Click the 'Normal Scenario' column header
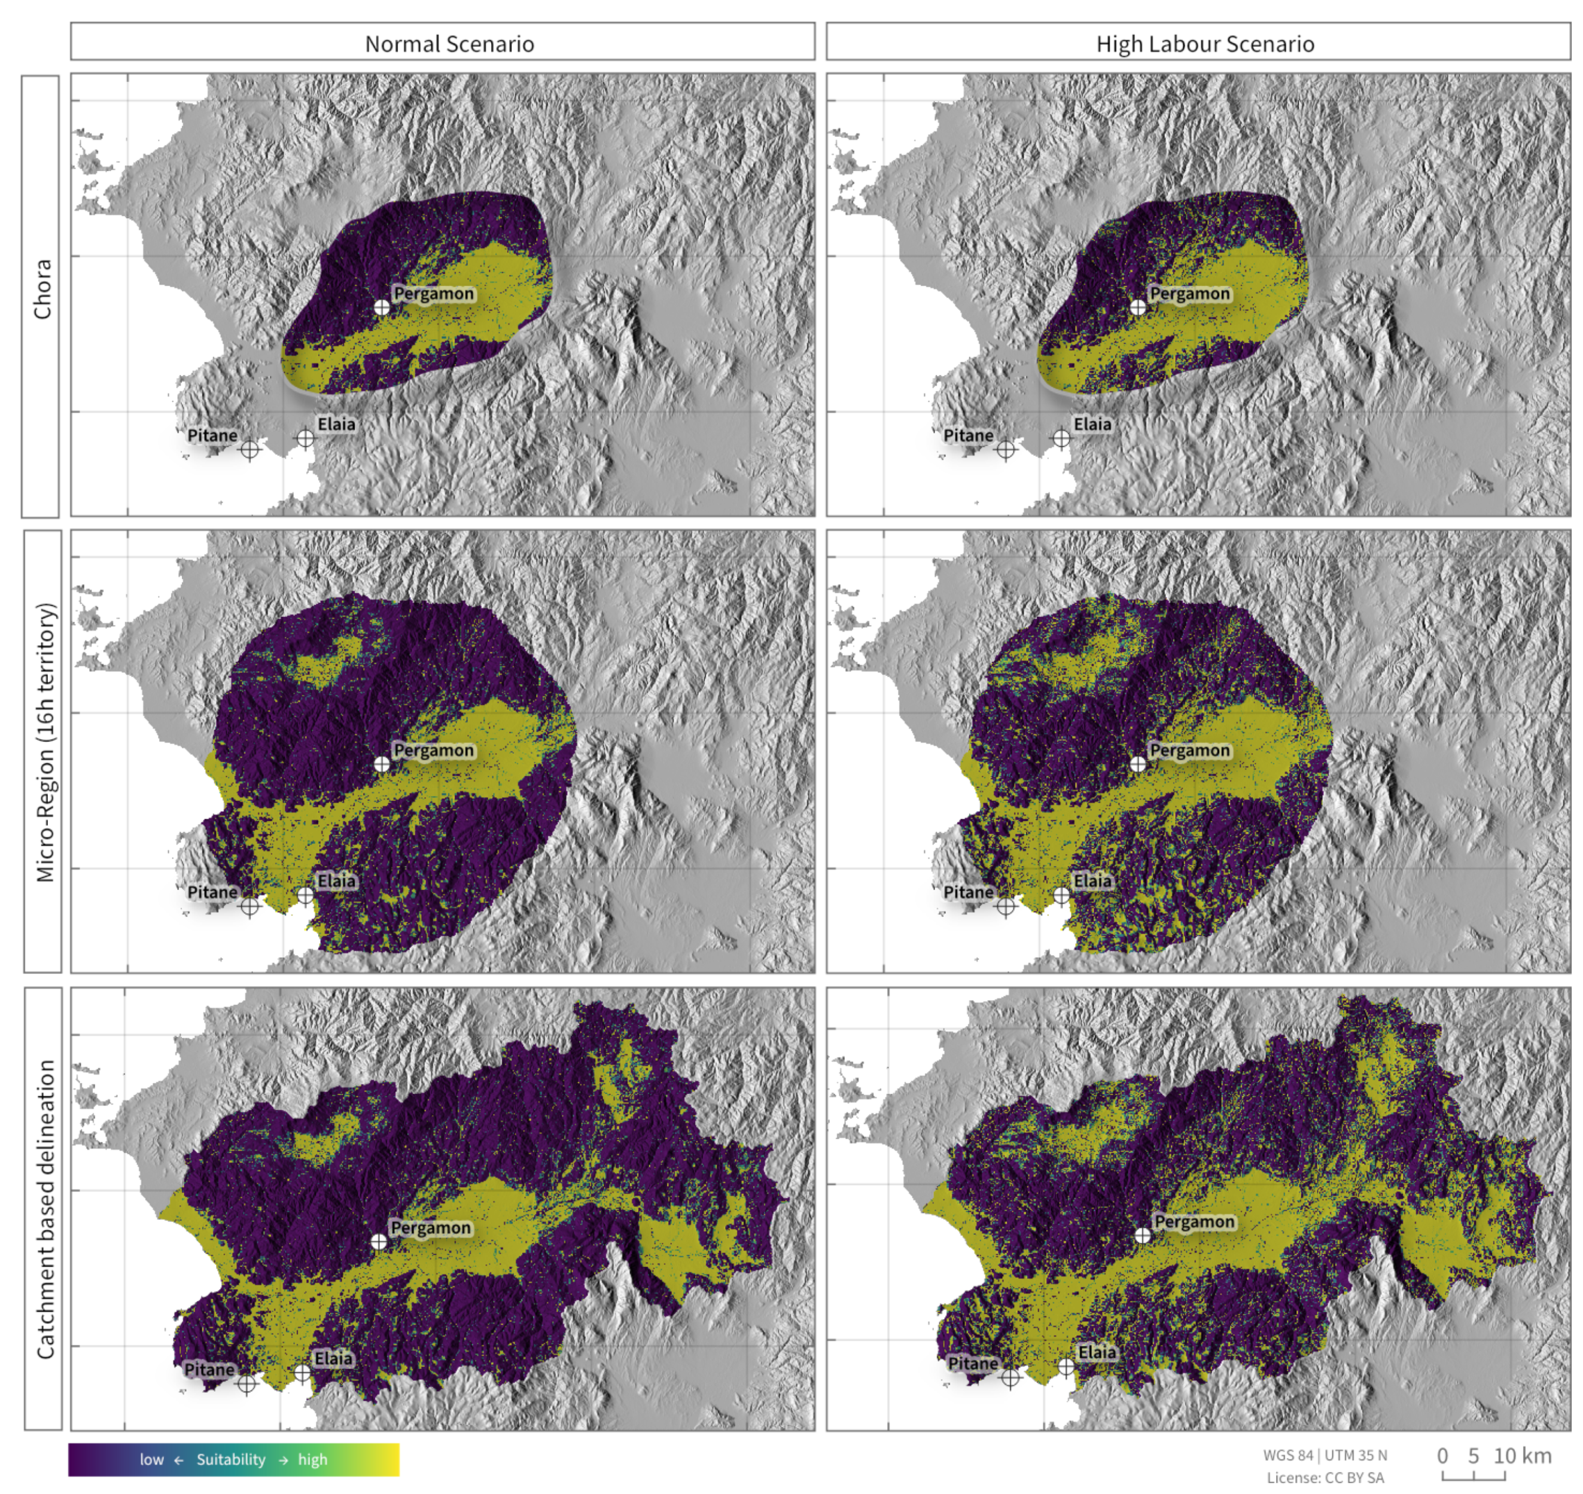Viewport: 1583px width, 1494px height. (449, 43)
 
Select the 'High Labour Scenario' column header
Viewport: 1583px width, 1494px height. (1204, 43)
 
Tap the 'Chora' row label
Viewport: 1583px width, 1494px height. (41, 288)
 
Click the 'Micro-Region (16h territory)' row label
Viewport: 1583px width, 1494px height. (45, 742)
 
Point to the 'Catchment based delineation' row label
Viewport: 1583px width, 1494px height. (45, 1209)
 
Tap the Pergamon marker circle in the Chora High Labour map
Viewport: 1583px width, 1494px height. (1138, 307)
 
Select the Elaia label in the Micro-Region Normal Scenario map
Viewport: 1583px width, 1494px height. (336, 881)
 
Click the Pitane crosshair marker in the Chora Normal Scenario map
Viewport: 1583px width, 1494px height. (249, 450)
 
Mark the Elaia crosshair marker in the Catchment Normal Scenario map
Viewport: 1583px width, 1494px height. (302, 1372)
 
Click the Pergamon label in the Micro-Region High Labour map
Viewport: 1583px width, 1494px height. (1189, 750)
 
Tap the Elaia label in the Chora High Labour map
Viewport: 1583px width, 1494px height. (1091, 425)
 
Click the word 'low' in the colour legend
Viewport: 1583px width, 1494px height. (151, 1460)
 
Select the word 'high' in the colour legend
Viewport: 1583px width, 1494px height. (313, 1460)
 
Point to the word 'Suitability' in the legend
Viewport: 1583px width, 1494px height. (231, 1460)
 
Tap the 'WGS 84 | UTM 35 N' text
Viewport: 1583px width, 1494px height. (1325, 1455)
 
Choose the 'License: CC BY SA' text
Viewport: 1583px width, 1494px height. (1325, 1478)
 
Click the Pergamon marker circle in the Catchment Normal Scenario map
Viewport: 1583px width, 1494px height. (379, 1241)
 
